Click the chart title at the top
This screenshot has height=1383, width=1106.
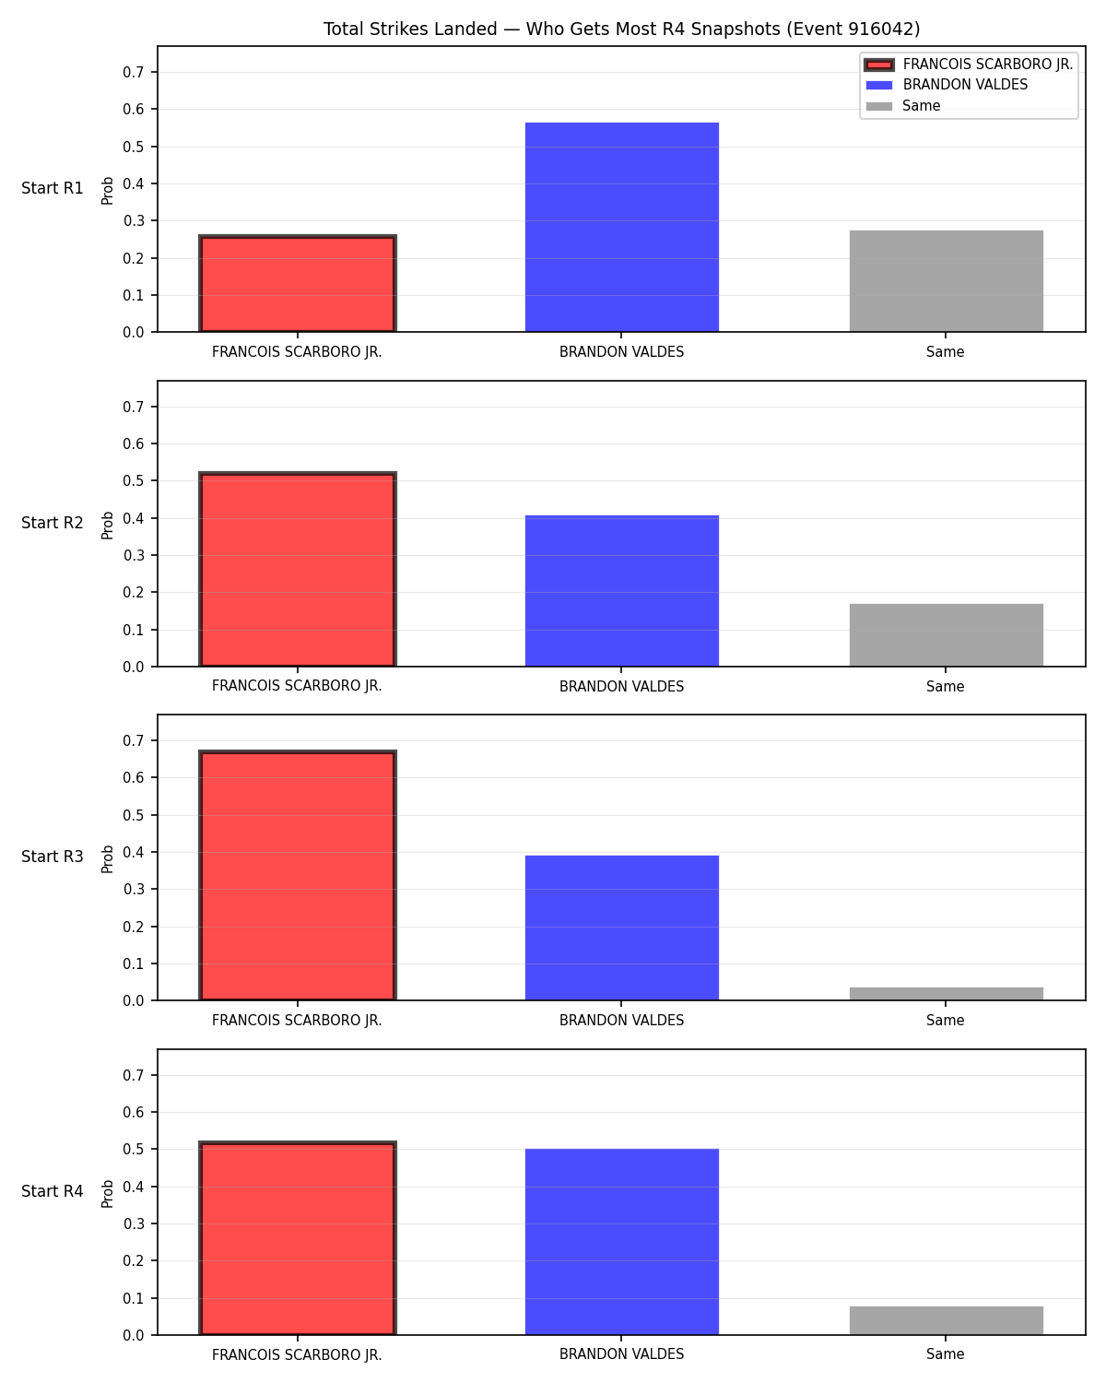pyautogui.click(x=621, y=29)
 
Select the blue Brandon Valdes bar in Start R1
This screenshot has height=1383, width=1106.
pyautogui.click(x=621, y=227)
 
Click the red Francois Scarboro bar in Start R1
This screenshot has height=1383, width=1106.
pyautogui.click(x=298, y=283)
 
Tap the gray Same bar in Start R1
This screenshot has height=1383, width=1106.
pyautogui.click(x=946, y=281)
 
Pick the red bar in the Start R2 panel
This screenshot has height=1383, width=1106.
pyautogui.click(x=298, y=569)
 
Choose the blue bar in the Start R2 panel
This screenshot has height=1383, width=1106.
pyautogui.click(x=621, y=591)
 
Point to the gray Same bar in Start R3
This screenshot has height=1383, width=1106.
pyautogui.click(x=946, y=994)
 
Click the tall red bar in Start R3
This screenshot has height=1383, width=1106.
pyautogui.click(x=298, y=875)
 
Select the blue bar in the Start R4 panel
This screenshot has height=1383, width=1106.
pyautogui.click(x=621, y=1242)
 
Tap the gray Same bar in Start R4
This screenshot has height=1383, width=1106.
pyautogui.click(x=946, y=1320)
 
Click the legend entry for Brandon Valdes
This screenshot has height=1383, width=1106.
pyautogui.click(x=947, y=85)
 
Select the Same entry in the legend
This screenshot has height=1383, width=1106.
pyautogui.click(x=903, y=106)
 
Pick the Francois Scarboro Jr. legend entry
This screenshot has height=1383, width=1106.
pyautogui.click(x=969, y=65)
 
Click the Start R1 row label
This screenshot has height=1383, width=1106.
pyautogui.click(x=52, y=188)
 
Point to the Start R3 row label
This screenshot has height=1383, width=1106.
pyautogui.click(x=52, y=857)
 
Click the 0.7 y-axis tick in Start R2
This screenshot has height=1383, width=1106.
pyautogui.click(x=133, y=407)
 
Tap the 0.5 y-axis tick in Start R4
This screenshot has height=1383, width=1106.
pyautogui.click(x=133, y=1149)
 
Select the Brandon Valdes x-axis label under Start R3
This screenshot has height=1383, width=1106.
pyautogui.click(x=621, y=1021)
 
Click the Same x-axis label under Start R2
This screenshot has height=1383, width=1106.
pyautogui.click(x=946, y=686)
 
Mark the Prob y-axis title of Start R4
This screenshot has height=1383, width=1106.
pyautogui.click(x=107, y=1194)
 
